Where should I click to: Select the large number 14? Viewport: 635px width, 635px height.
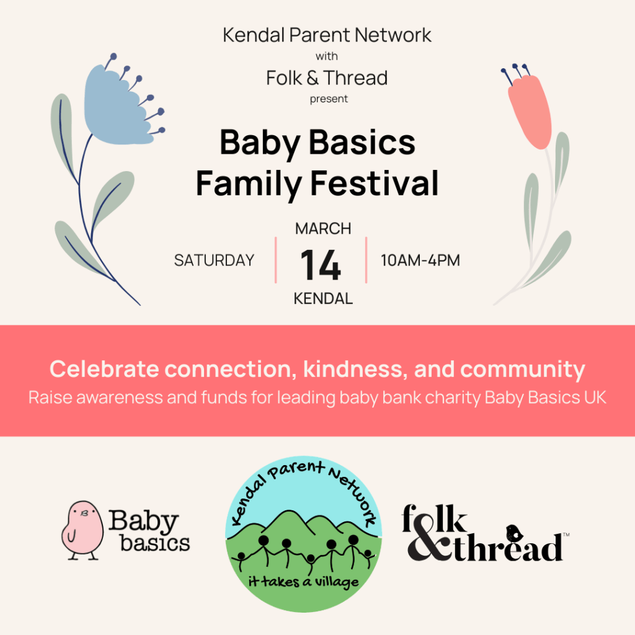click(x=321, y=265)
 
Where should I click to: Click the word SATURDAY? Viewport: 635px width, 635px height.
click(x=214, y=260)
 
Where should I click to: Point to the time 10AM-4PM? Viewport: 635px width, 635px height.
click(x=420, y=260)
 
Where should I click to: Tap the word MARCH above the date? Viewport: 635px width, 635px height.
click(x=323, y=229)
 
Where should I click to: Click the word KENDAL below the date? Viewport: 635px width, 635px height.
click(x=323, y=299)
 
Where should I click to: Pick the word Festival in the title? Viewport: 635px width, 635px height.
click(x=375, y=184)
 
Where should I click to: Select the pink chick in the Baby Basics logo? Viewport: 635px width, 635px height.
click(x=82, y=530)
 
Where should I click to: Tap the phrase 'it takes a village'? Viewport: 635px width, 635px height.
click(x=303, y=582)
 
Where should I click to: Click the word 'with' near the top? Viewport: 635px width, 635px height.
click(x=327, y=56)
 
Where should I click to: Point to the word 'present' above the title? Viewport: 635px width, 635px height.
click(x=329, y=99)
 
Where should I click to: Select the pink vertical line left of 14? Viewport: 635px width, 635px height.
click(x=276, y=260)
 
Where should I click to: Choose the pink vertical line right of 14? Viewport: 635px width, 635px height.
click(x=366, y=260)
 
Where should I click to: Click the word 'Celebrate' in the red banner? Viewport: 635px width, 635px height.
click(x=104, y=370)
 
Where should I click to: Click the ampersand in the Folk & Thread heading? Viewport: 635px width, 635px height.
click(x=313, y=78)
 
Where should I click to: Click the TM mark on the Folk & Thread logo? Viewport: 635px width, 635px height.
click(x=566, y=535)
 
